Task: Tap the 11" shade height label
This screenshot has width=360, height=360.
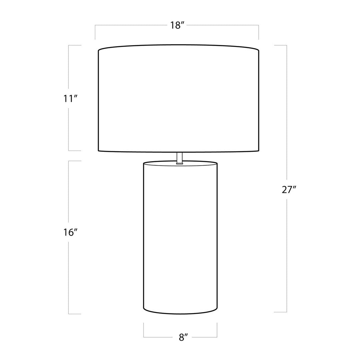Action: click(70, 99)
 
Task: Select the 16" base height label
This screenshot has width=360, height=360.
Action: click(70, 232)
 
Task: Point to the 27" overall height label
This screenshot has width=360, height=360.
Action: click(289, 189)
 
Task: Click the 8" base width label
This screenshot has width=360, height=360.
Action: click(183, 337)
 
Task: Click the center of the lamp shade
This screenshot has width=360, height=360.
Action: click(179, 98)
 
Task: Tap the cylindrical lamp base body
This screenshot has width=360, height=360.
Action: click(180, 238)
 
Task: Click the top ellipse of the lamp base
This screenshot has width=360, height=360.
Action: click(180, 163)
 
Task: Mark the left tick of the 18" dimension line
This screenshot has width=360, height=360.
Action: click(95, 32)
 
